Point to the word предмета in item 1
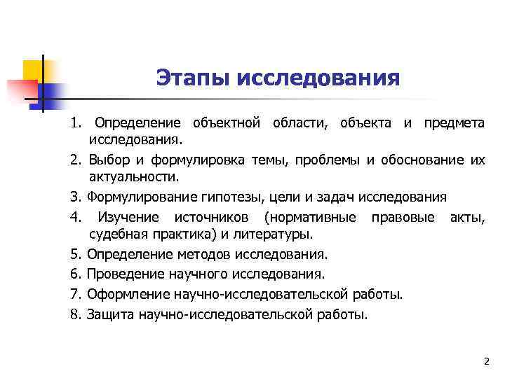[454, 123]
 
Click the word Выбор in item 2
[108, 160]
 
